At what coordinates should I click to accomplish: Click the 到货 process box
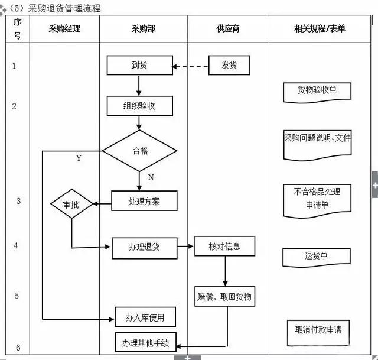tap(139, 65)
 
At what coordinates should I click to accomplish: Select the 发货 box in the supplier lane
tap(229, 65)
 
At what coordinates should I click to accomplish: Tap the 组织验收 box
tap(139, 106)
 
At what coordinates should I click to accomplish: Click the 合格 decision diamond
tap(139, 151)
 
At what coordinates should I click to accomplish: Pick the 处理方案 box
tap(144, 200)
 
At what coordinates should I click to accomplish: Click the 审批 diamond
tap(71, 205)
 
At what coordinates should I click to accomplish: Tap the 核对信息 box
tap(224, 246)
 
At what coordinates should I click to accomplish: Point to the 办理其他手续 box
tap(145, 342)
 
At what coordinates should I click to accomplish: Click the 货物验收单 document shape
tap(317, 91)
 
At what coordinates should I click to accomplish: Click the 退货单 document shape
tap(316, 257)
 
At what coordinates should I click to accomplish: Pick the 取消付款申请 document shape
tap(318, 330)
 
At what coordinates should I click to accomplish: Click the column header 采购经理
tap(64, 28)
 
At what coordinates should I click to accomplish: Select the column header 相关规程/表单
tap(320, 28)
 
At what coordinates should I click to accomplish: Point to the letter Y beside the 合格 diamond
tap(79, 158)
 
